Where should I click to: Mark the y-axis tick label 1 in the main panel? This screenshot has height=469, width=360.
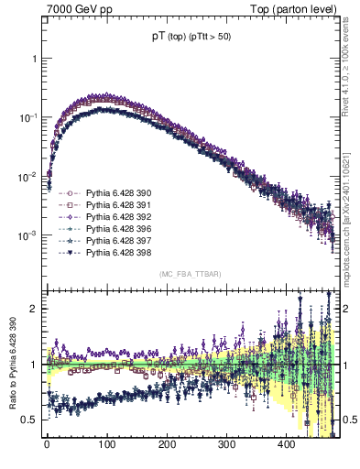point(36,58)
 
